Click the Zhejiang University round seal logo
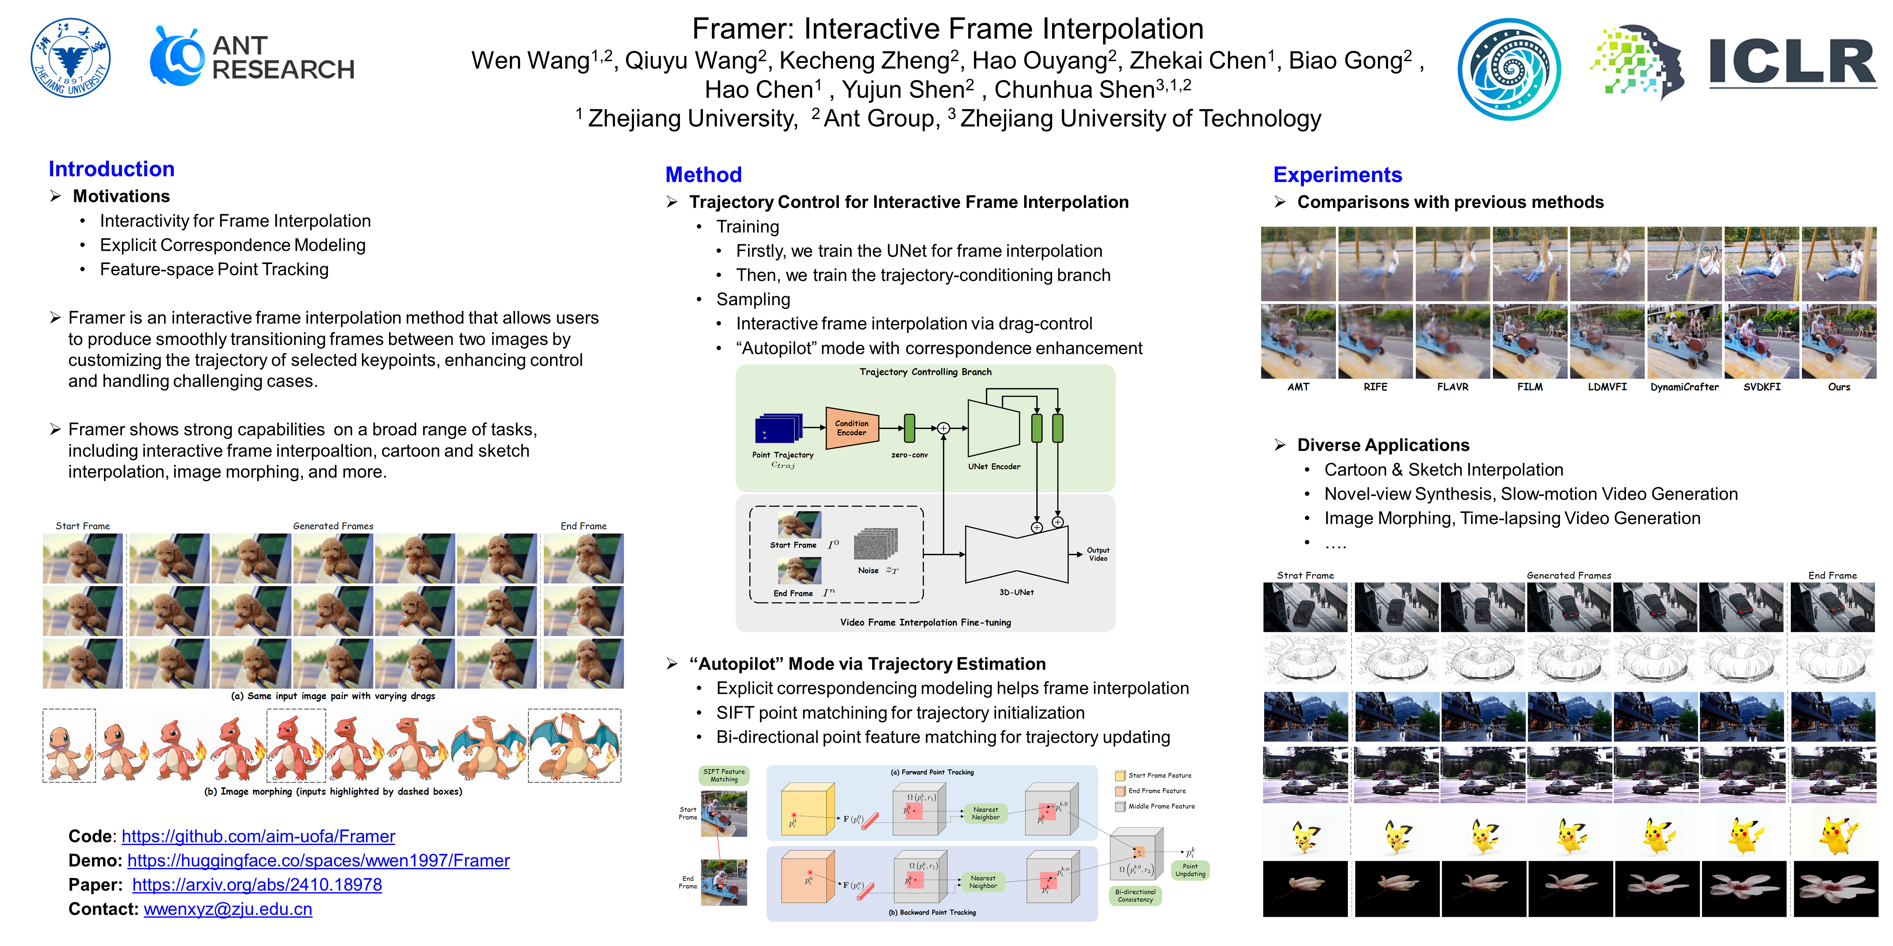[71, 58]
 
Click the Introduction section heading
[111, 169]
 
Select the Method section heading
[703, 175]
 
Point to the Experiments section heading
[1338, 175]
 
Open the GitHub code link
[258, 836]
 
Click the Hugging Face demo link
[318, 860]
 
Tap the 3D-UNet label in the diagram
[1016, 592]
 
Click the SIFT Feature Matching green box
[724, 776]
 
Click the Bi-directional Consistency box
[1135, 895]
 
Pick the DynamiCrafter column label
[1684, 387]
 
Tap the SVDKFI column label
[1762, 387]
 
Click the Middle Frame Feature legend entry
[1161, 806]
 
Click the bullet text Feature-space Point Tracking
[214, 269]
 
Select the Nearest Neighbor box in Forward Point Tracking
[986, 813]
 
